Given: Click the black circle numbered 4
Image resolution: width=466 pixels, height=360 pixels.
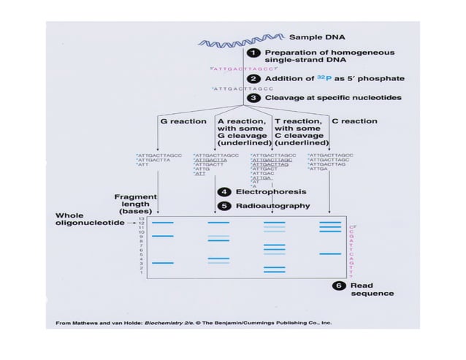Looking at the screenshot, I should pos(228,191).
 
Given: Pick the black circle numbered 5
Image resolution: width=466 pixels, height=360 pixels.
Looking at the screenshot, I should pos(228,206).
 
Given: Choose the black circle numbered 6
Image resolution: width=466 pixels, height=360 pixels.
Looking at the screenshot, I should pos(340,286).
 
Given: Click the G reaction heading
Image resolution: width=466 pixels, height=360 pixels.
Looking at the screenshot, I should pos(188,120).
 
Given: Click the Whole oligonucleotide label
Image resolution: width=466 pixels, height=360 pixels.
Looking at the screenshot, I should pos(88,219).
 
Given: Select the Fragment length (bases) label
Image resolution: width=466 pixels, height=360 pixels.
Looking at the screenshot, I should pos(132,204).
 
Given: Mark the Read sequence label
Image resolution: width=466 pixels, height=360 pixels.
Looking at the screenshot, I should pos(372,289).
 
